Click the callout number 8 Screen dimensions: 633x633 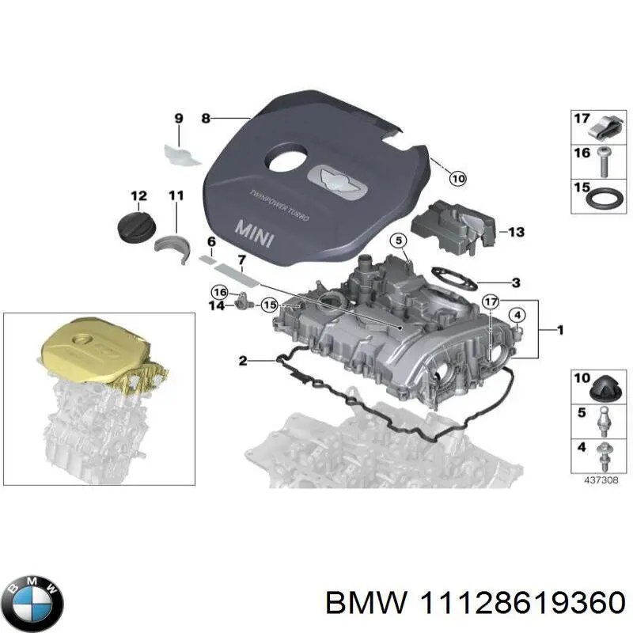(x=206, y=119)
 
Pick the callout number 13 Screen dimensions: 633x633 (x=516, y=233)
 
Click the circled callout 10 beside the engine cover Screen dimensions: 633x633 (x=458, y=179)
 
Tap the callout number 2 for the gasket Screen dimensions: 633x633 (x=244, y=361)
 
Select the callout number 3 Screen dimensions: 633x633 (x=515, y=282)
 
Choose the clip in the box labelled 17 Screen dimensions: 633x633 (x=605, y=127)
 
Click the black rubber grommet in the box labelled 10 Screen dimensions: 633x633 (x=605, y=388)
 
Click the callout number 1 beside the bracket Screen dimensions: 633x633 (x=560, y=331)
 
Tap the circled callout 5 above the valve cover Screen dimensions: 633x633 (x=399, y=240)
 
